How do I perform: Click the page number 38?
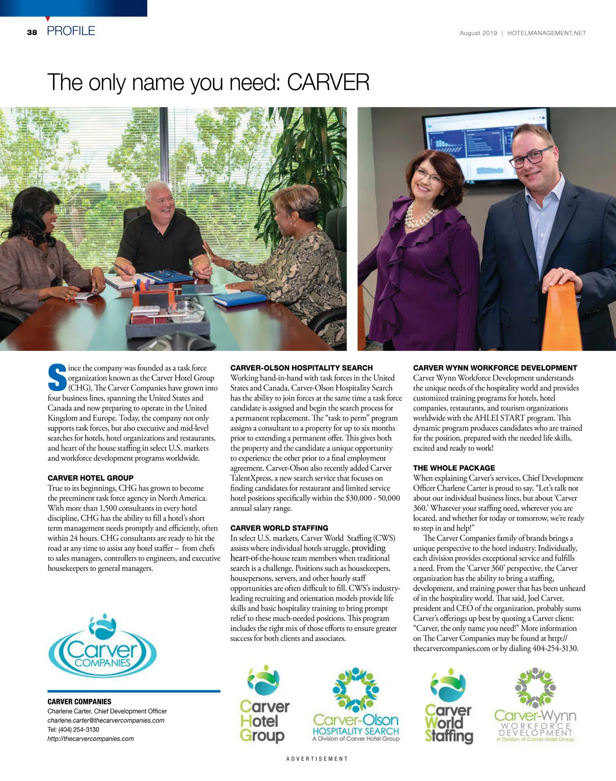pyautogui.click(x=32, y=32)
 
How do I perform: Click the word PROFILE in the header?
pyautogui.click(x=71, y=31)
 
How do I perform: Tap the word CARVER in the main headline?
pyautogui.click(x=328, y=83)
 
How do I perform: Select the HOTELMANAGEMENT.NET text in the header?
pyautogui.click(x=546, y=33)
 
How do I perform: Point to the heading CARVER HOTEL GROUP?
pyautogui.click(x=90, y=478)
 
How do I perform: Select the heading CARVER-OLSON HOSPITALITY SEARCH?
pyautogui.click(x=301, y=368)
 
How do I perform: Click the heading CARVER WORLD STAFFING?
pyautogui.click(x=279, y=528)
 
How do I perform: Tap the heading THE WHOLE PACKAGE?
pyautogui.click(x=454, y=468)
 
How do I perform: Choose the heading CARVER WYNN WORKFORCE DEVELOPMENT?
pyautogui.click(x=495, y=368)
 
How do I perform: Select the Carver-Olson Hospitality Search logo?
pyautogui.click(x=356, y=706)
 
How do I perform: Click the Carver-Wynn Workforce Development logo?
pyautogui.click(x=535, y=706)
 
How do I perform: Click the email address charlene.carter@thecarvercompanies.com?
pyautogui.click(x=106, y=720)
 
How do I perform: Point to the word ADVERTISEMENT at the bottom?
pyautogui.click(x=317, y=758)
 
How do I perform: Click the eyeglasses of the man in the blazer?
pyautogui.click(x=532, y=158)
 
